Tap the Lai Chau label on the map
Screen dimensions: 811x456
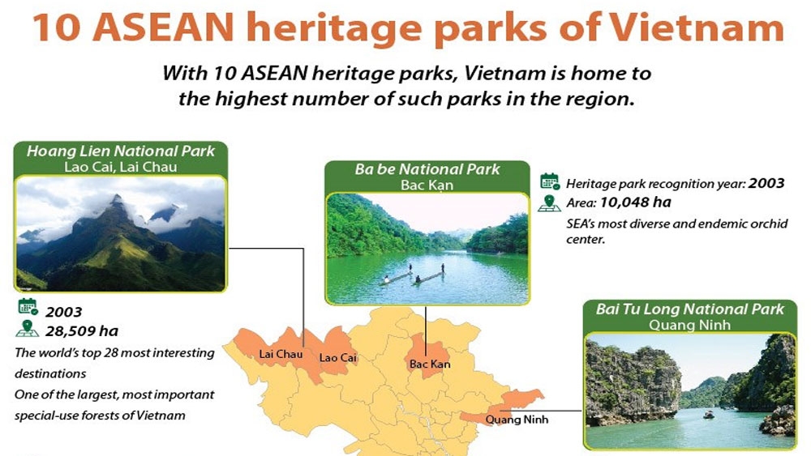tap(281, 354)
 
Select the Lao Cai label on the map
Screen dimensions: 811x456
tap(337, 357)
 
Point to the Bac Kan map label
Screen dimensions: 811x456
tap(430, 364)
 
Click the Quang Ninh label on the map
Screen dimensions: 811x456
tap(517, 420)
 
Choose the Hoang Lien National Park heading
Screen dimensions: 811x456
tap(121, 151)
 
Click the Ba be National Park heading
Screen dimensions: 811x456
tap(427, 168)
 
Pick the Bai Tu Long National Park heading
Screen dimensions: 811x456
tap(690, 309)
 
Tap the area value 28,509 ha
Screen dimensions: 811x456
tap(82, 331)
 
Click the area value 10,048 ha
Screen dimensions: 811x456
tap(636, 202)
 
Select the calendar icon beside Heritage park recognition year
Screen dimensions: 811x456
tap(549, 181)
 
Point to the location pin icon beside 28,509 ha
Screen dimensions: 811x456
tap(27, 329)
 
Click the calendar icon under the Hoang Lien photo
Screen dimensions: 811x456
tap(28, 306)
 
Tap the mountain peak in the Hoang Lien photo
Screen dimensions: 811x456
tap(118, 198)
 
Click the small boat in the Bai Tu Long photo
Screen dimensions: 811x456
tap(708, 414)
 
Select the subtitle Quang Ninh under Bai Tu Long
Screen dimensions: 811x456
tap(689, 325)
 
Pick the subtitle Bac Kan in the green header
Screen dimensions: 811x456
tap(427, 185)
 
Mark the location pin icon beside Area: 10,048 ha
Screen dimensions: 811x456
tap(549, 203)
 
